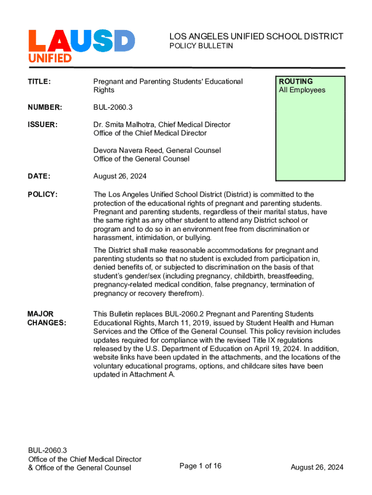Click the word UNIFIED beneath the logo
[x=50, y=58]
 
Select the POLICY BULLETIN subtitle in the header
[x=201, y=46]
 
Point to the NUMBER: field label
[x=44, y=107]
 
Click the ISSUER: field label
[x=43, y=125]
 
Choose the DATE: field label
[x=39, y=176]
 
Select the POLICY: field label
[x=43, y=194]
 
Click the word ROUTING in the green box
[x=296, y=81]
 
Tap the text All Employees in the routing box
[x=302, y=90]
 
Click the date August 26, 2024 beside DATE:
[x=120, y=176]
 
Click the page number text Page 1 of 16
[x=200, y=466]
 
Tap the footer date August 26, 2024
[x=317, y=467]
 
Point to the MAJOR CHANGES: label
[x=47, y=318]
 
